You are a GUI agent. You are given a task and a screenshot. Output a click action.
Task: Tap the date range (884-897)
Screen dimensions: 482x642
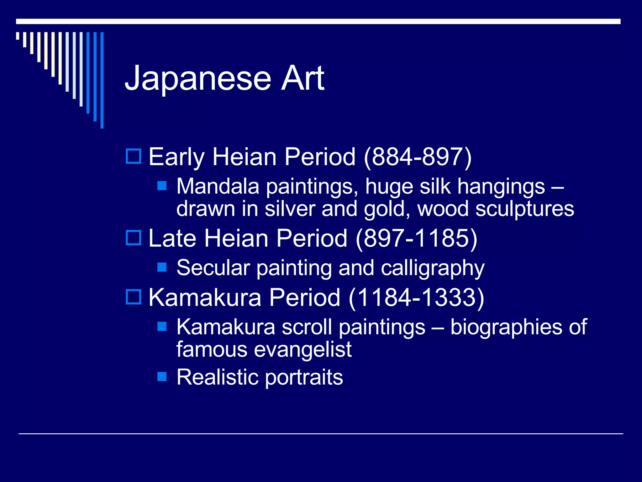coord(418,157)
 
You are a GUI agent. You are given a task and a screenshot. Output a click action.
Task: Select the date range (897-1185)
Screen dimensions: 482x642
coord(416,238)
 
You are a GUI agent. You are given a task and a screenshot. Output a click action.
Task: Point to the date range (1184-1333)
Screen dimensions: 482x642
coord(416,297)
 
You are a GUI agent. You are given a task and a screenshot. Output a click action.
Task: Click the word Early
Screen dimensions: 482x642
coord(176,157)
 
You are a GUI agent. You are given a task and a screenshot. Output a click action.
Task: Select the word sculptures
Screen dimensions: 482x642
coord(524,209)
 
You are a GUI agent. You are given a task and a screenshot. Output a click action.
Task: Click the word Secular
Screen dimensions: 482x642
coord(213,268)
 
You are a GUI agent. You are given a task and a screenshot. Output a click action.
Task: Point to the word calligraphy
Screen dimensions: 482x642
coord(433,268)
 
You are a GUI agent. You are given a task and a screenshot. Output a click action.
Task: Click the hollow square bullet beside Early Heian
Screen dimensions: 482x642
coord(134,156)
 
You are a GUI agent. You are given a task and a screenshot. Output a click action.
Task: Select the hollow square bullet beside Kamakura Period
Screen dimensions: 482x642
coord(134,297)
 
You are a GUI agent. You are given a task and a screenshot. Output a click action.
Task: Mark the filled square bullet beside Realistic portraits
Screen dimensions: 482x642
coord(162,376)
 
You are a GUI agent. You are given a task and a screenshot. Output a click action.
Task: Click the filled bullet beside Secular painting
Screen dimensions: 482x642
coord(162,267)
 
